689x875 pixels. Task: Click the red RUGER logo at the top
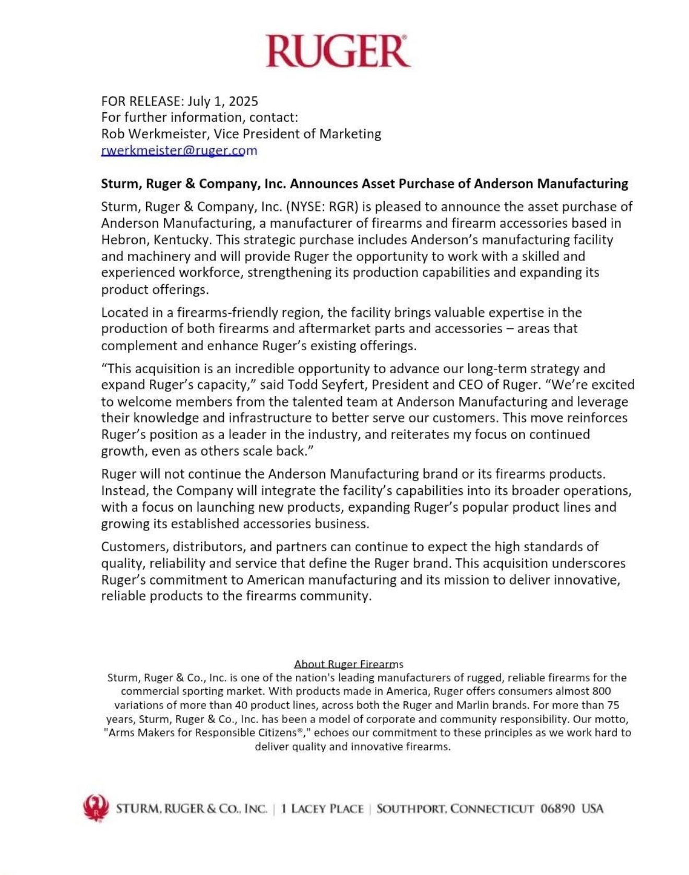[338, 51]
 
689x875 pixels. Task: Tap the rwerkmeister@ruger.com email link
[179, 150]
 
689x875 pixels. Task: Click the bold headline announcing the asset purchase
[364, 184]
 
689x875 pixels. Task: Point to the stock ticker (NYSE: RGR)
[322, 207]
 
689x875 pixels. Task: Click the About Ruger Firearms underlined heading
[348, 664]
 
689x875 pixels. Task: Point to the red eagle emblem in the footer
[96, 808]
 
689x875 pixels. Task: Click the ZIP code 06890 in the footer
[557, 809]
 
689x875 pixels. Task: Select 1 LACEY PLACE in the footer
[322, 809]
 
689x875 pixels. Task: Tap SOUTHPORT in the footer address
[410, 809]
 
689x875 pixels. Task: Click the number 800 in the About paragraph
[601, 691]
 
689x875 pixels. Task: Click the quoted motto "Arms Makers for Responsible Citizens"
[201, 732]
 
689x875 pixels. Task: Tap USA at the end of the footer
[592, 809]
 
